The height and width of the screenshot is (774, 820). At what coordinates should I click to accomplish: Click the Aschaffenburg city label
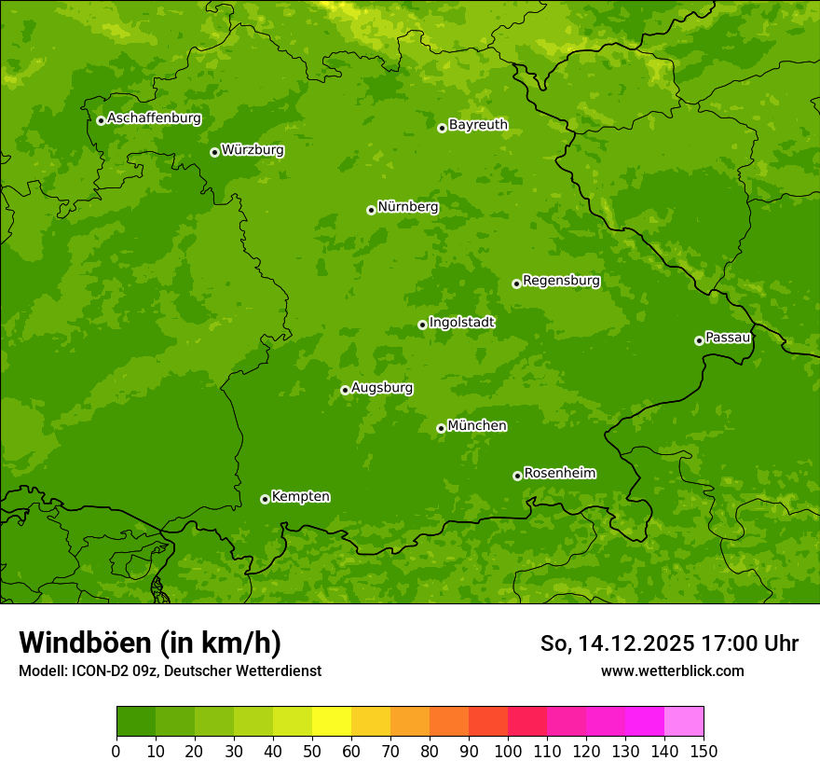154,118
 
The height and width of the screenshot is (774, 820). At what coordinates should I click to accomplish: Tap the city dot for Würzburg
214,152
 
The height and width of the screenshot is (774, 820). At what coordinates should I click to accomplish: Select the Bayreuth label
478,125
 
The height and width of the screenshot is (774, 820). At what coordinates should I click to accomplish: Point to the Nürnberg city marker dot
371,210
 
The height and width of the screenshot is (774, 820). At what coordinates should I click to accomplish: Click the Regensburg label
561,281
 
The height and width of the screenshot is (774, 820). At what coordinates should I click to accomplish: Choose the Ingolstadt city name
461,323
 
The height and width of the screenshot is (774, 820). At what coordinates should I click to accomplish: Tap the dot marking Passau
699,340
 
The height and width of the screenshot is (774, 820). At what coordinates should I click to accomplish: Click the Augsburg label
382,388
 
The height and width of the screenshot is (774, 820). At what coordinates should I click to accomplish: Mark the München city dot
441,428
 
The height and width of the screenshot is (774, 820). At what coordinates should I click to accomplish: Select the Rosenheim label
559,474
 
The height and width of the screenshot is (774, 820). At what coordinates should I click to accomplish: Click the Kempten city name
300,497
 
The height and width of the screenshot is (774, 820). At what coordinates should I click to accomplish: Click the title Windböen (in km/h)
149,643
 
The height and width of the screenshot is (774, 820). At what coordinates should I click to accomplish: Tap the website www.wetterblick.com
672,670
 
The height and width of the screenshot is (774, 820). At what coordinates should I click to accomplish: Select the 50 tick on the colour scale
312,751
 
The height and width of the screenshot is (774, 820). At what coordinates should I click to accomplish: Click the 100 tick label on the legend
508,751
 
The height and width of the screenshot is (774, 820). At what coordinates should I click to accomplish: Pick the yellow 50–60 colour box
332,722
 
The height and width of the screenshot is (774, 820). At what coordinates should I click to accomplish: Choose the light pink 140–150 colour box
684,722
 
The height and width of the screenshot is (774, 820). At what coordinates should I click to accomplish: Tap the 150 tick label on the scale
704,751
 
